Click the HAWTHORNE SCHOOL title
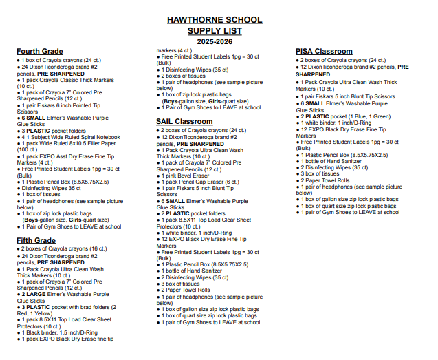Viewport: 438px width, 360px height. [x=219, y=20]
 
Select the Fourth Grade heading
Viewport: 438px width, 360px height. [x=39, y=52]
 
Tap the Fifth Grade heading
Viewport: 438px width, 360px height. [x=36, y=240]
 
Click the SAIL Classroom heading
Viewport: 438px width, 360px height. [x=184, y=122]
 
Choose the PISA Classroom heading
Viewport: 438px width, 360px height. [x=324, y=52]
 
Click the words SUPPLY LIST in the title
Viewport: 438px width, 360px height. [x=219, y=31]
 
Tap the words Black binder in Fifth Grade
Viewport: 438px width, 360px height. [x=43, y=332]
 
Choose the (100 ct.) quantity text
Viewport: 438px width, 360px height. [x=28, y=149]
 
